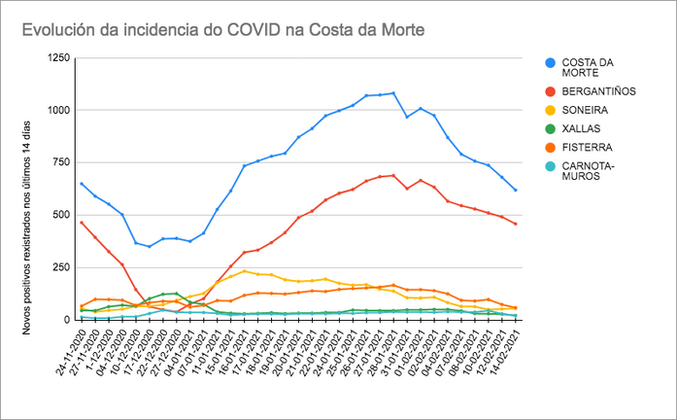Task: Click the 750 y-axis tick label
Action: (60, 162)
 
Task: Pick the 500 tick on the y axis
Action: (60, 215)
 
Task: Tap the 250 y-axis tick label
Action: (60, 267)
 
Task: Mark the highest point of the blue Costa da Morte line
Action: (392, 93)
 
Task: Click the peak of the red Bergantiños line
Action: (392, 175)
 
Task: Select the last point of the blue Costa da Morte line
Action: (515, 190)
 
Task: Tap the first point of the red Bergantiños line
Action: (82, 222)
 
